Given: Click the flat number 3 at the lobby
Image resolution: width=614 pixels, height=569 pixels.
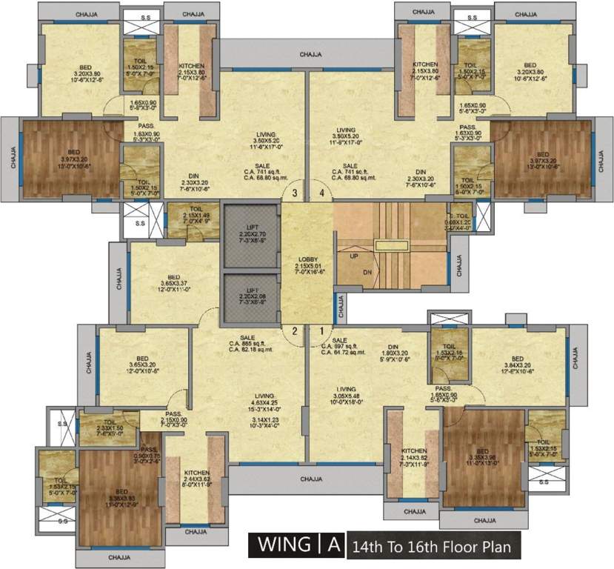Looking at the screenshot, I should point(295,193).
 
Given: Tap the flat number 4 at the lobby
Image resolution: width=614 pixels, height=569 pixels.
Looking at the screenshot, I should point(321,193).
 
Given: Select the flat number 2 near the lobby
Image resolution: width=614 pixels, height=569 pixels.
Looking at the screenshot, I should point(295,331).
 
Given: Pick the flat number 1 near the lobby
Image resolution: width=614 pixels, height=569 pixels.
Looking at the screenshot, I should point(321,331).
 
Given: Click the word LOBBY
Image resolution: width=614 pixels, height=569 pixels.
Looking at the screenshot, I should point(307,259).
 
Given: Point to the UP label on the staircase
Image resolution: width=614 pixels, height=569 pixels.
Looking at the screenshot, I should point(353,255).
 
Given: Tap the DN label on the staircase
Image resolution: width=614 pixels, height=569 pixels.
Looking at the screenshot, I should point(367,272).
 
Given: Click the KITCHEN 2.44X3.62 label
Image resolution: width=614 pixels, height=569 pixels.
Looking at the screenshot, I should point(196,476).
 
